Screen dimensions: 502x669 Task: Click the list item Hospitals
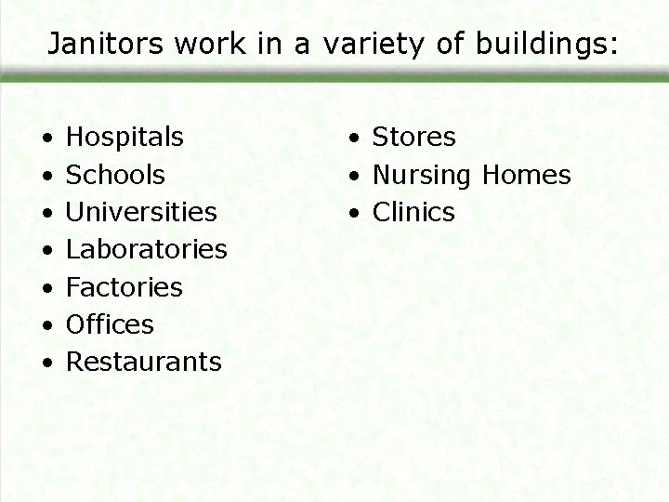(x=125, y=138)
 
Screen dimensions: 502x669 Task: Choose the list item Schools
(x=116, y=175)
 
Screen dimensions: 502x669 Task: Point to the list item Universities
(x=141, y=212)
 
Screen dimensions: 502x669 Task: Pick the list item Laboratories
(x=147, y=249)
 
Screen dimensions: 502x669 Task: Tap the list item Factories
(x=125, y=287)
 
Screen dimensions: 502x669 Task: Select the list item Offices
(x=110, y=324)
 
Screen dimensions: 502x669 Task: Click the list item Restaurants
(x=144, y=362)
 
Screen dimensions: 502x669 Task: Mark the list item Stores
(x=413, y=138)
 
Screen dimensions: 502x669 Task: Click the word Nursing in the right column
(x=422, y=175)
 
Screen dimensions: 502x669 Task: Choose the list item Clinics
(x=413, y=212)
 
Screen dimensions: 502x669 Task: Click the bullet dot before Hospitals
(x=46, y=139)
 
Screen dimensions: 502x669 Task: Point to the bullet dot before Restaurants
(x=46, y=363)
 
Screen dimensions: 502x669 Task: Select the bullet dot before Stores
(x=354, y=139)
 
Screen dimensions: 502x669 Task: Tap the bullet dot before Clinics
(x=354, y=214)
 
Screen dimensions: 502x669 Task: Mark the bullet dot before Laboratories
(x=46, y=251)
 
